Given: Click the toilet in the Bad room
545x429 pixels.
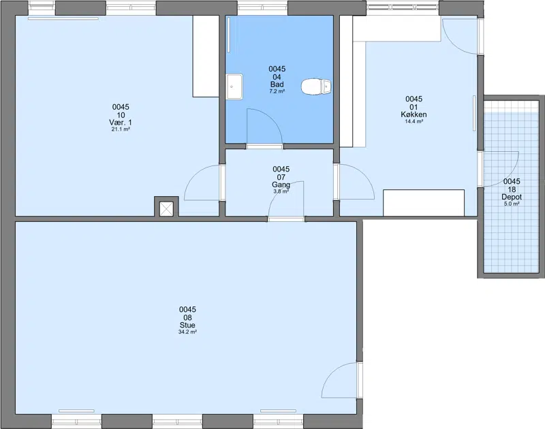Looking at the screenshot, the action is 316,86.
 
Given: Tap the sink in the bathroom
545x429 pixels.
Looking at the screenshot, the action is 234,86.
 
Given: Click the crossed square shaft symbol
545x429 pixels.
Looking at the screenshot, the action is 166,209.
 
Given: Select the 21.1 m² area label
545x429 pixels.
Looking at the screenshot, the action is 121,129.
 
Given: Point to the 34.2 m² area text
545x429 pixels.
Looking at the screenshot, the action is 187,332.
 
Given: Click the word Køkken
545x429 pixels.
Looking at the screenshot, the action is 414,114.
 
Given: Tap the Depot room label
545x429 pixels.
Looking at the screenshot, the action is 512,197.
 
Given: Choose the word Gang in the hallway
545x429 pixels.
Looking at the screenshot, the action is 281,185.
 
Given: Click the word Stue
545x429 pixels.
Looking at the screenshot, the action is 187,325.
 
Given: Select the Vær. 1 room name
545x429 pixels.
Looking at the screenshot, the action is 121,123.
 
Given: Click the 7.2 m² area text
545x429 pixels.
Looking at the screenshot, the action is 277,92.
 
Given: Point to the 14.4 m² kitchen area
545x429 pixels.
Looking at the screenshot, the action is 414,122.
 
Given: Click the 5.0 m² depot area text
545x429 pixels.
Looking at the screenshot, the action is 512,204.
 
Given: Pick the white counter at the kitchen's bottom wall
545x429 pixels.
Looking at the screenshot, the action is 424,202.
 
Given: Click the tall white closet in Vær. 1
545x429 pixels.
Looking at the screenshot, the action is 206,57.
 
